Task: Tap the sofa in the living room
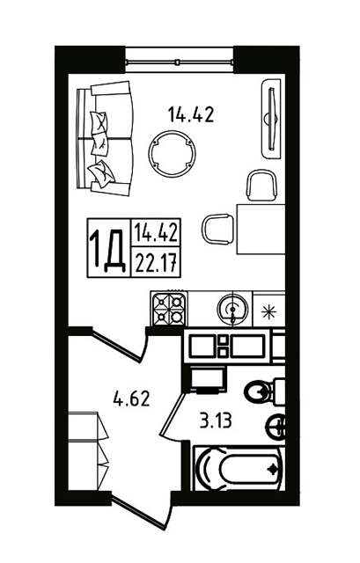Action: tap(105, 138)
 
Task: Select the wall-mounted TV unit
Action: tap(272, 118)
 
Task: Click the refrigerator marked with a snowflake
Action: tap(269, 310)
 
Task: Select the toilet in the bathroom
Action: tap(265, 391)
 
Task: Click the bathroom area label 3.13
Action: tap(216, 420)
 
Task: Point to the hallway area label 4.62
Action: tap(131, 398)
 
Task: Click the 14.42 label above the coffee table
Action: tap(191, 115)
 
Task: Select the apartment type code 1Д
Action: tap(107, 249)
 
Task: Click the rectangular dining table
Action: tap(261, 230)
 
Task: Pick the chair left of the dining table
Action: tap(218, 230)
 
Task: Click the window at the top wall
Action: tap(180, 62)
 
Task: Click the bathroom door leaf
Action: tap(173, 414)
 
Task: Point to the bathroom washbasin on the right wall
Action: tap(276, 426)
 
